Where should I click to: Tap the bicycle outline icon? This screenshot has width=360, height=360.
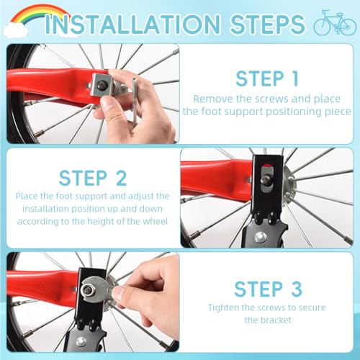pos(335,22)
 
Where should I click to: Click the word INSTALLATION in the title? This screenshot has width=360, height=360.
pos(132,24)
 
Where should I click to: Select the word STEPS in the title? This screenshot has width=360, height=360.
pos(268,24)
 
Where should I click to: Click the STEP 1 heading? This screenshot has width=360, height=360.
pos(267,78)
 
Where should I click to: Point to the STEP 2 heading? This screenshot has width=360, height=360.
pos(93,178)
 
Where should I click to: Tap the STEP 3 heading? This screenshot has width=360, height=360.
pos(268,289)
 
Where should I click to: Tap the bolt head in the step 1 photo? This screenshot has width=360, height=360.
pos(101,84)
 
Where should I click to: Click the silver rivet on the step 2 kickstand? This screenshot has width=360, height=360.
pos(260,237)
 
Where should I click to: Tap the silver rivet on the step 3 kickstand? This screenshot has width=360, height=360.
pos(81,341)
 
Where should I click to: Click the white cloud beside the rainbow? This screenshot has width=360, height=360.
pos(16,31)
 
